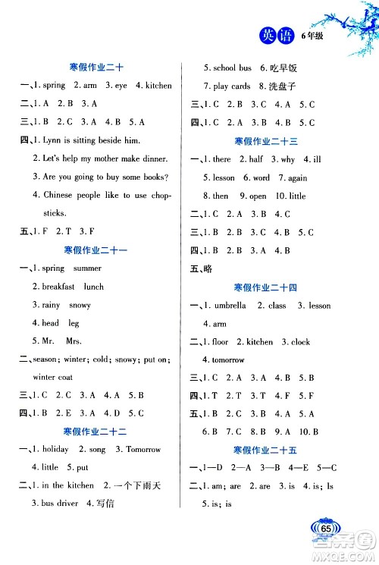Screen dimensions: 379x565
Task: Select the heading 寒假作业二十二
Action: pos(98,431)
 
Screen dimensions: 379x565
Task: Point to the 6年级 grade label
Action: pos(312,36)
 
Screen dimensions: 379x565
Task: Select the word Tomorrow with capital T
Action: pos(143,449)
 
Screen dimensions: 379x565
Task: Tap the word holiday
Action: pos(55,449)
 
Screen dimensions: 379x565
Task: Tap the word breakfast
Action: pos(58,287)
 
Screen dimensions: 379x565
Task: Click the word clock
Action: pos(300,342)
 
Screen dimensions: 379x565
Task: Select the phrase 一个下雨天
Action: pos(146,485)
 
